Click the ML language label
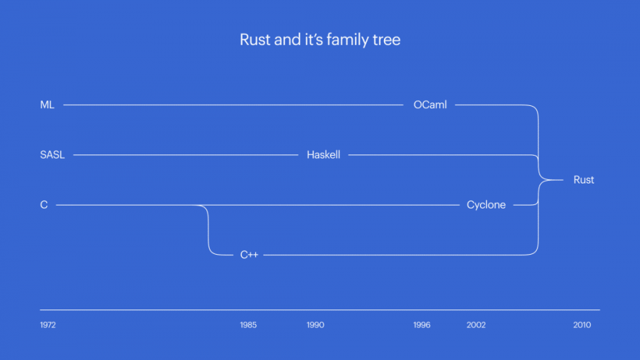tap(47, 105)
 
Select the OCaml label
tap(430, 105)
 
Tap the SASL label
tap(52, 155)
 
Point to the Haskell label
tap(324, 155)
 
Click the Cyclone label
tap(486, 205)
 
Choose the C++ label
tap(249, 255)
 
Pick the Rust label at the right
tap(584, 180)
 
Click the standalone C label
tap(44, 205)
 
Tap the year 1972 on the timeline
tap(48, 325)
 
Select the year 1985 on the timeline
tap(248, 325)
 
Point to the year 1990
tap(315, 325)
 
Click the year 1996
tap(422, 325)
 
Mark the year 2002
tap(476, 325)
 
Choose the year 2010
tap(582, 325)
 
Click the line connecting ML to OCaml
tap(235, 105)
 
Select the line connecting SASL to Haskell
tap(185, 155)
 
